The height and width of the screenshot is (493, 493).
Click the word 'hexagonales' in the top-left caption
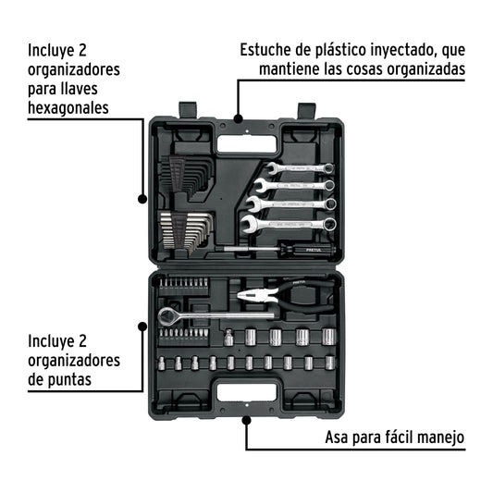[x=68, y=108]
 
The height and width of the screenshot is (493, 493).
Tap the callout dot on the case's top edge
[x=237, y=118]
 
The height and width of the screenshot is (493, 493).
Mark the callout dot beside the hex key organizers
[x=142, y=198]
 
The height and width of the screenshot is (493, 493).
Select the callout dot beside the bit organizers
[x=142, y=326]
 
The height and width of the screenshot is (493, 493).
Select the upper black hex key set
[x=186, y=176]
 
